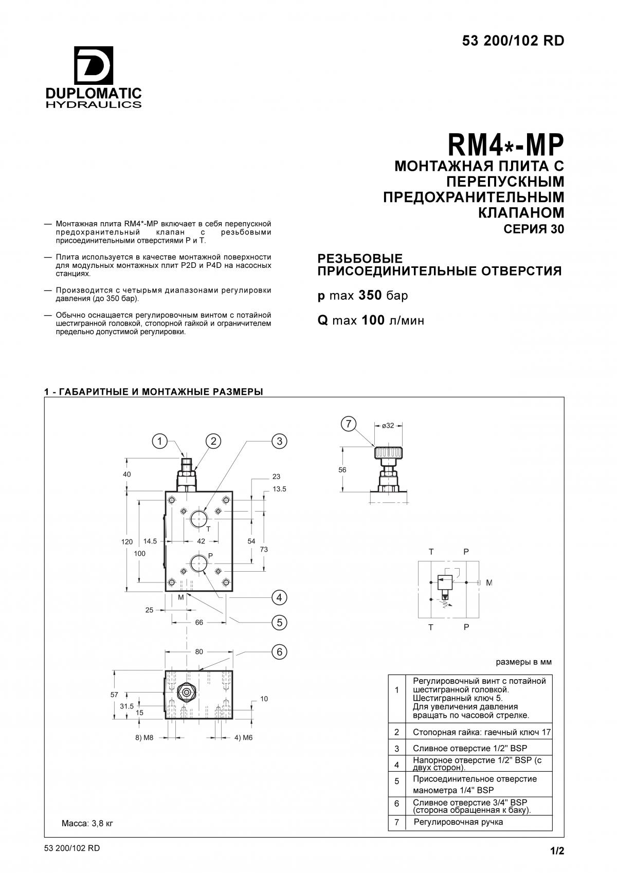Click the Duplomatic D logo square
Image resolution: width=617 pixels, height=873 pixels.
pyautogui.click(x=94, y=65)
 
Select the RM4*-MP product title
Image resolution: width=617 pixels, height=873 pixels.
pyautogui.click(x=505, y=144)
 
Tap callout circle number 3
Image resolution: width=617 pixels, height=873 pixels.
pyautogui.click(x=279, y=441)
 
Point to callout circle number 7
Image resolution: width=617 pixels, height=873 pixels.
pyautogui.click(x=349, y=424)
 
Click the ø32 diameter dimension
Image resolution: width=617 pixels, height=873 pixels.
pyautogui.click(x=388, y=426)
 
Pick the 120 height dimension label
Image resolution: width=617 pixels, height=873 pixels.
pyautogui.click(x=127, y=542)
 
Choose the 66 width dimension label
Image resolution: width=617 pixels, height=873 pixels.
pyautogui.click(x=199, y=623)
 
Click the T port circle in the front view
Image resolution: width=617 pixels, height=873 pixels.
pyautogui.click(x=199, y=519)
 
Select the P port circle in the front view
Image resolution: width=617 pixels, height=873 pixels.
pyautogui.click(x=199, y=563)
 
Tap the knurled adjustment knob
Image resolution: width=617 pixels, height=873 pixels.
pyautogui.click(x=389, y=453)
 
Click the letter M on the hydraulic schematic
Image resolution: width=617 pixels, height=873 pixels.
pyautogui.click(x=489, y=583)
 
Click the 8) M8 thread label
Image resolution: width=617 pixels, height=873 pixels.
pyautogui.click(x=144, y=737)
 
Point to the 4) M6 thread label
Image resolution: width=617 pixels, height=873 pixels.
pyautogui.click(x=244, y=737)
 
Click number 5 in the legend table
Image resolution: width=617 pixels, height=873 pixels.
pyautogui.click(x=397, y=781)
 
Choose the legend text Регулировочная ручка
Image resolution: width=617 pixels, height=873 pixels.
pyautogui.click(x=458, y=822)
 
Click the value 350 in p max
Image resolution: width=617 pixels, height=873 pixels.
pyautogui.click(x=370, y=296)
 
